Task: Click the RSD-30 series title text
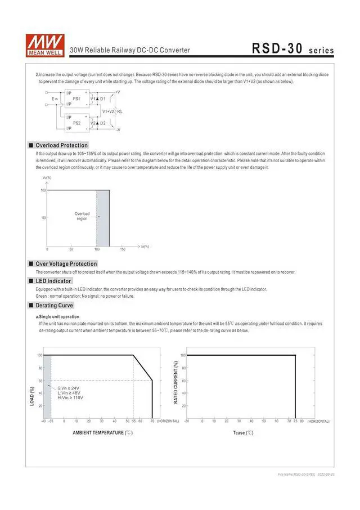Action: click(292, 49)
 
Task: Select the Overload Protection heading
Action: click(62, 145)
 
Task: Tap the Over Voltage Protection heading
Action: click(66, 263)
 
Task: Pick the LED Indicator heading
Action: click(53, 280)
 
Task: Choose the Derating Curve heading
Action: click(55, 305)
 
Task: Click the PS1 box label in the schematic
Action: click(76, 99)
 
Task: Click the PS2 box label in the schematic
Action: click(76, 123)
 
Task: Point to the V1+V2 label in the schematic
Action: click(109, 111)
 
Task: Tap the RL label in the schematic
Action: click(120, 111)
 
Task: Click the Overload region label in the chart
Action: click(82, 216)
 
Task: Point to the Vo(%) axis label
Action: click(47, 178)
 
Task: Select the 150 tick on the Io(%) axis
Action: click(123, 249)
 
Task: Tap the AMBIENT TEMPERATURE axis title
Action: click(102, 432)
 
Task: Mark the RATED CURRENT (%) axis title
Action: click(175, 382)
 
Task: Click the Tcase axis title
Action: click(243, 432)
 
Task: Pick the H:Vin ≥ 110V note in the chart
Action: click(70, 398)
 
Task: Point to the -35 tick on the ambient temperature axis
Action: click(51, 420)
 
